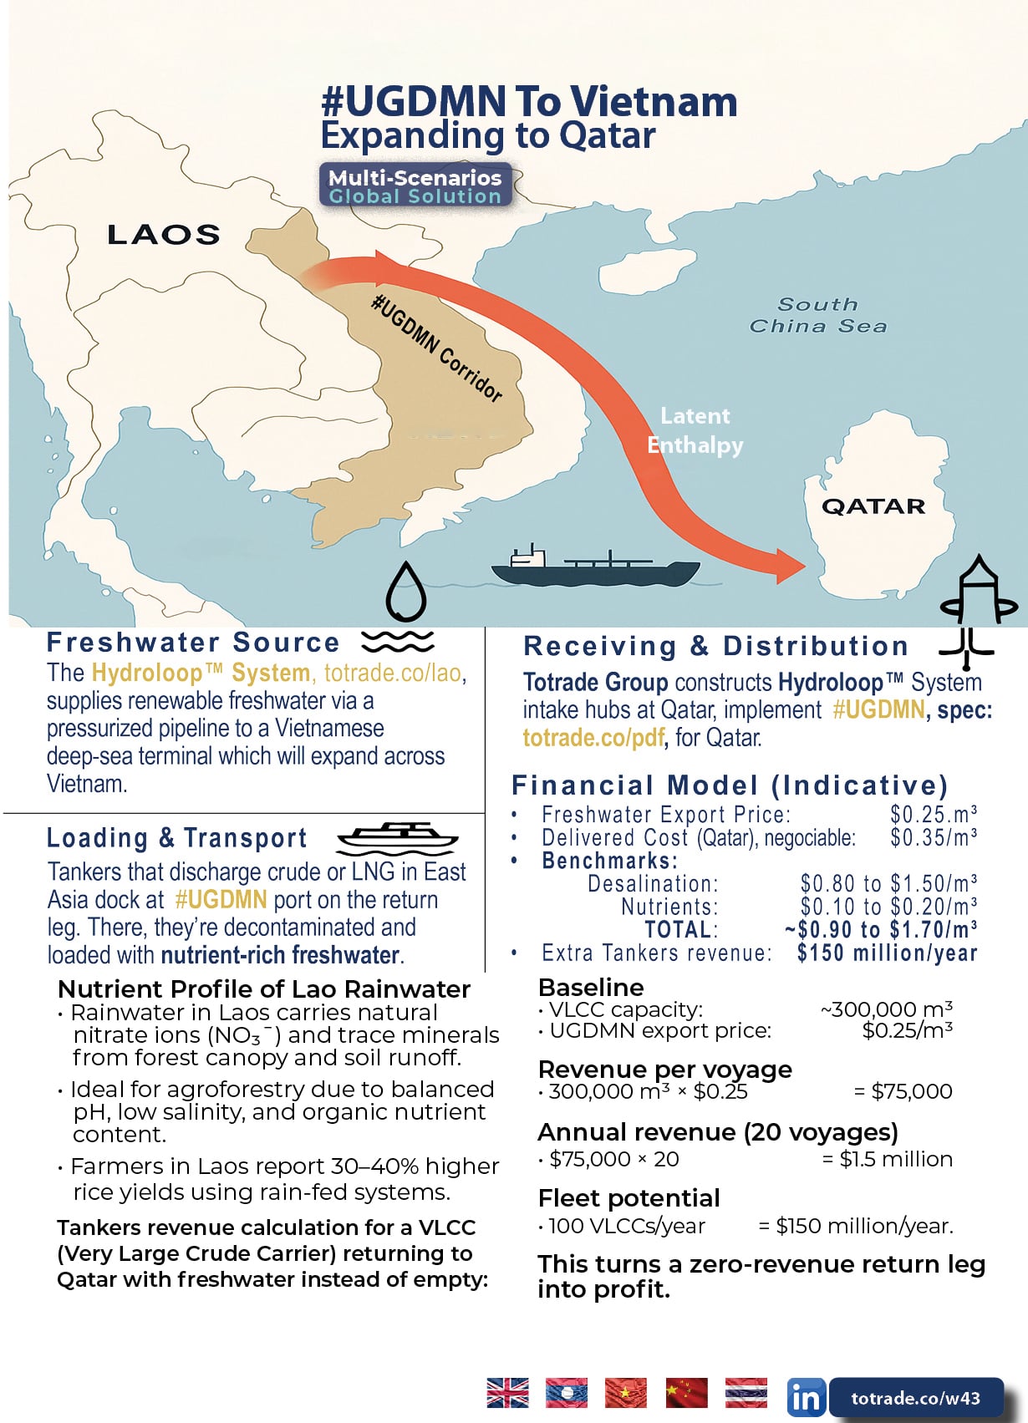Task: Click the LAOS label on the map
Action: pyautogui.click(x=164, y=235)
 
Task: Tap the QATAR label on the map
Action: pyautogui.click(x=873, y=506)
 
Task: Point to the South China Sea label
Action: pyautogui.click(x=817, y=316)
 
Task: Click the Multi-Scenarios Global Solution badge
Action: pyautogui.click(x=415, y=186)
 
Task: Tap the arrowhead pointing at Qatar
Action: pyautogui.click(x=786, y=566)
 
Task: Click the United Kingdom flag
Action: pyautogui.click(x=507, y=1393)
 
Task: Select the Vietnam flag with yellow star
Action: pyautogui.click(x=626, y=1393)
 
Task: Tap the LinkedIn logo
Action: pyautogui.click(x=806, y=1398)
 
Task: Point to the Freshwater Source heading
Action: pyautogui.click(x=193, y=643)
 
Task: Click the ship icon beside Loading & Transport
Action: pyautogui.click(x=397, y=836)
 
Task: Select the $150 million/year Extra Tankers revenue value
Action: pyautogui.click(x=887, y=953)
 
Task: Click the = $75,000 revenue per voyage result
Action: pyautogui.click(x=903, y=1091)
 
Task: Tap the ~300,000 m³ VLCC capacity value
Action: pyautogui.click(x=887, y=1009)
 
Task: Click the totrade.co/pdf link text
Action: pyautogui.click(x=593, y=738)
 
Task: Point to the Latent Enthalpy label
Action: pyautogui.click(x=695, y=430)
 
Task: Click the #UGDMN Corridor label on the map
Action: pyautogui.click(x=437, y=348)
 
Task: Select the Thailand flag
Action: pyautogui.click(x=746, y=1393)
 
